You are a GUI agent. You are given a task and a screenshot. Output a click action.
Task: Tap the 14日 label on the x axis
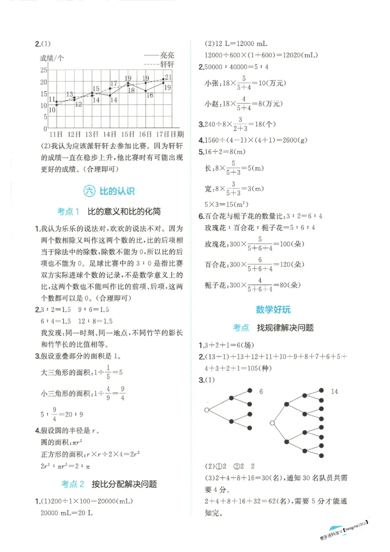click(x=110, y=134)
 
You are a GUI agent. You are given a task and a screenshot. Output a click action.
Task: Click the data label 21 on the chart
click(x=168, y=77)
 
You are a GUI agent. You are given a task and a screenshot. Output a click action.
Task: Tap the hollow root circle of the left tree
click(x=207, y=410)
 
